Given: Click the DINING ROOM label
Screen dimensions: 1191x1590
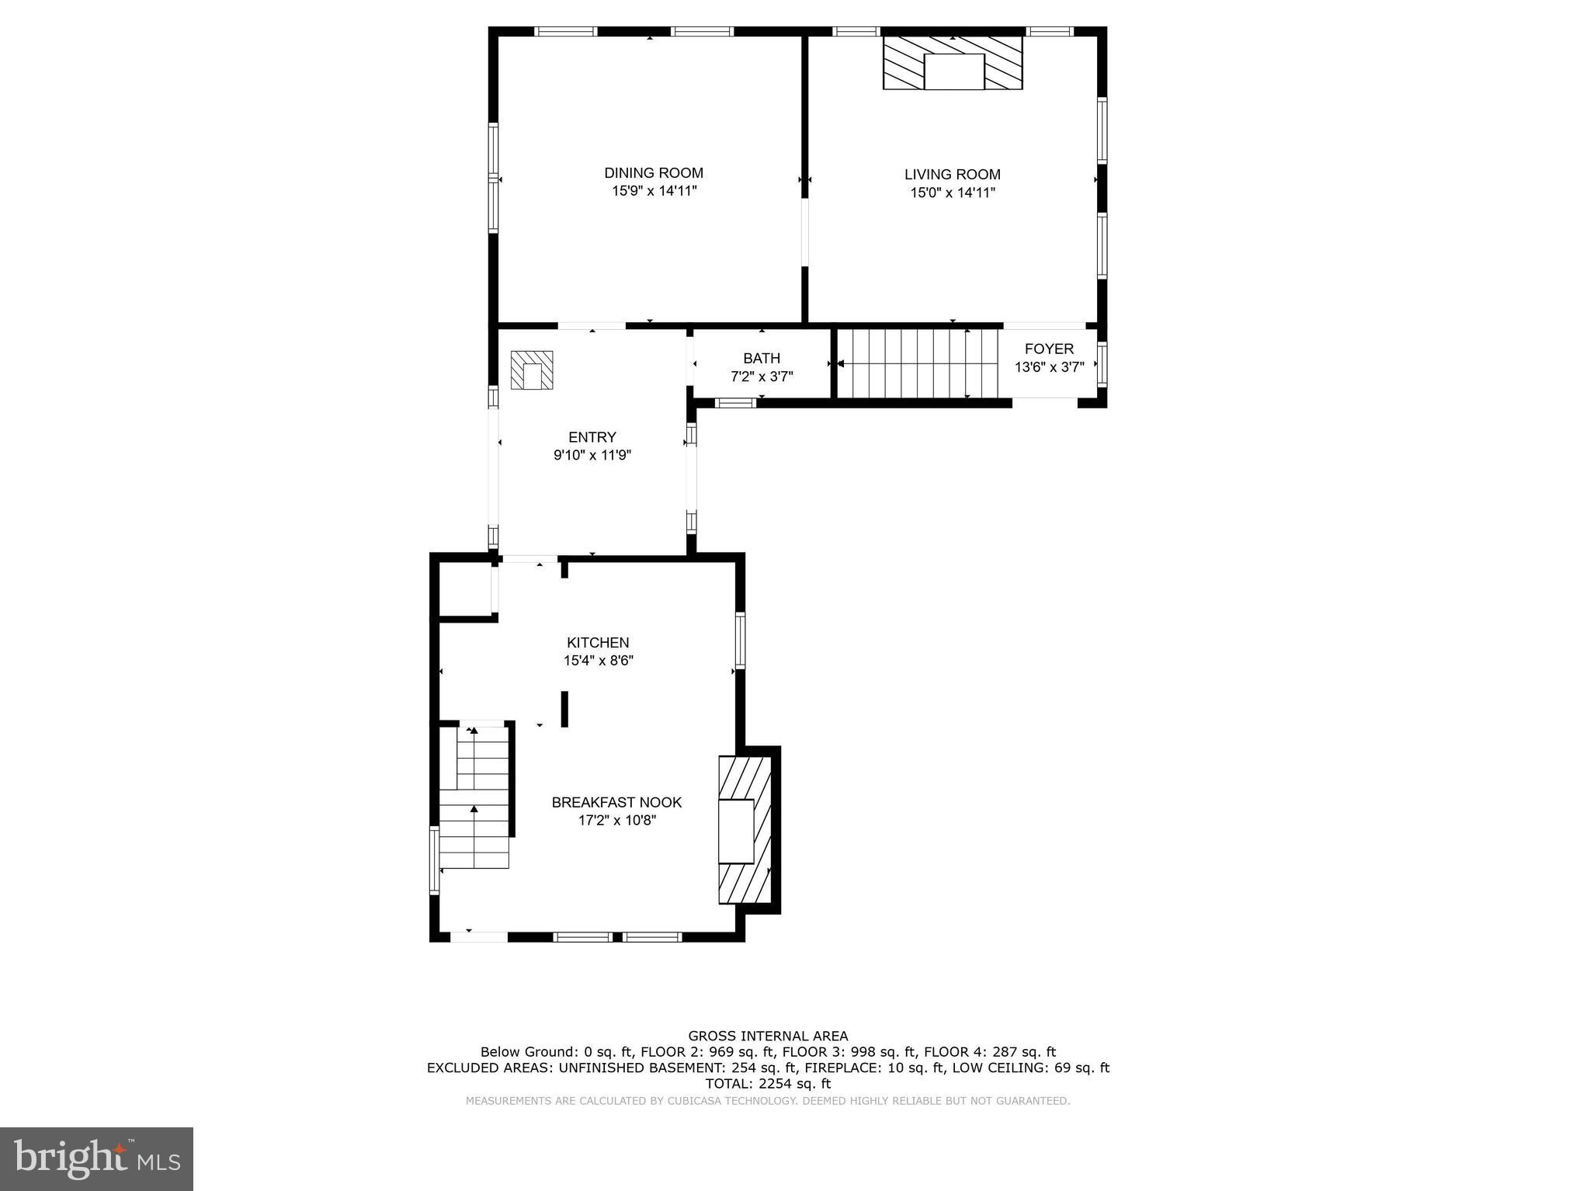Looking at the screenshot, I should coord(654,173).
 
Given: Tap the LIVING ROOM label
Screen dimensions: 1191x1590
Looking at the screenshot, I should coord(952,175).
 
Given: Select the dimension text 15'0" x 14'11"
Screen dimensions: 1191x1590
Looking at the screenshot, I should coord(952,193).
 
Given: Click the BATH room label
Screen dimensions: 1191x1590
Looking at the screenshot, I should coord(761,358).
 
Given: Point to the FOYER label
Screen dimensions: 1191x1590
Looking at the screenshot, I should coord(1048,349).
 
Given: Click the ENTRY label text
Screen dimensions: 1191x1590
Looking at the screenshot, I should coord(592,437).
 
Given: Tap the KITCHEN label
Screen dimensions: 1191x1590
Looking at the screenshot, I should coord(597,642).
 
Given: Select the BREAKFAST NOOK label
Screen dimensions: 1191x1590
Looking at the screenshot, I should coord(616,802).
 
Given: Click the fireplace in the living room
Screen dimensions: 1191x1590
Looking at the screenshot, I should coord(953,62).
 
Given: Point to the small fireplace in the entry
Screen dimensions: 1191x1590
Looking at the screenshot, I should coord(532,370).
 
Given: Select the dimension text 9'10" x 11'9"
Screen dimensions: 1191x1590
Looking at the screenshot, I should coord(592,456).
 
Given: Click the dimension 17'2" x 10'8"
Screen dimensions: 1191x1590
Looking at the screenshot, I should coord(616,821).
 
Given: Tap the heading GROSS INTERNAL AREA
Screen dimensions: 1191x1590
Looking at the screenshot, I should coord(767,1036).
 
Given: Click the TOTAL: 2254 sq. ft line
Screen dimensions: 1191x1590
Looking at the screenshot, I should coord(767,1084).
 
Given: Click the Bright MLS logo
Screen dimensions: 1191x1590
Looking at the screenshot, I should coord(96,1158).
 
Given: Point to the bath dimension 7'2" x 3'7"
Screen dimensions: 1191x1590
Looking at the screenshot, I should coord(761,377).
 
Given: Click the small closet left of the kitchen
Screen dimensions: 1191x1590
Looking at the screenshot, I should coord(465,589).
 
